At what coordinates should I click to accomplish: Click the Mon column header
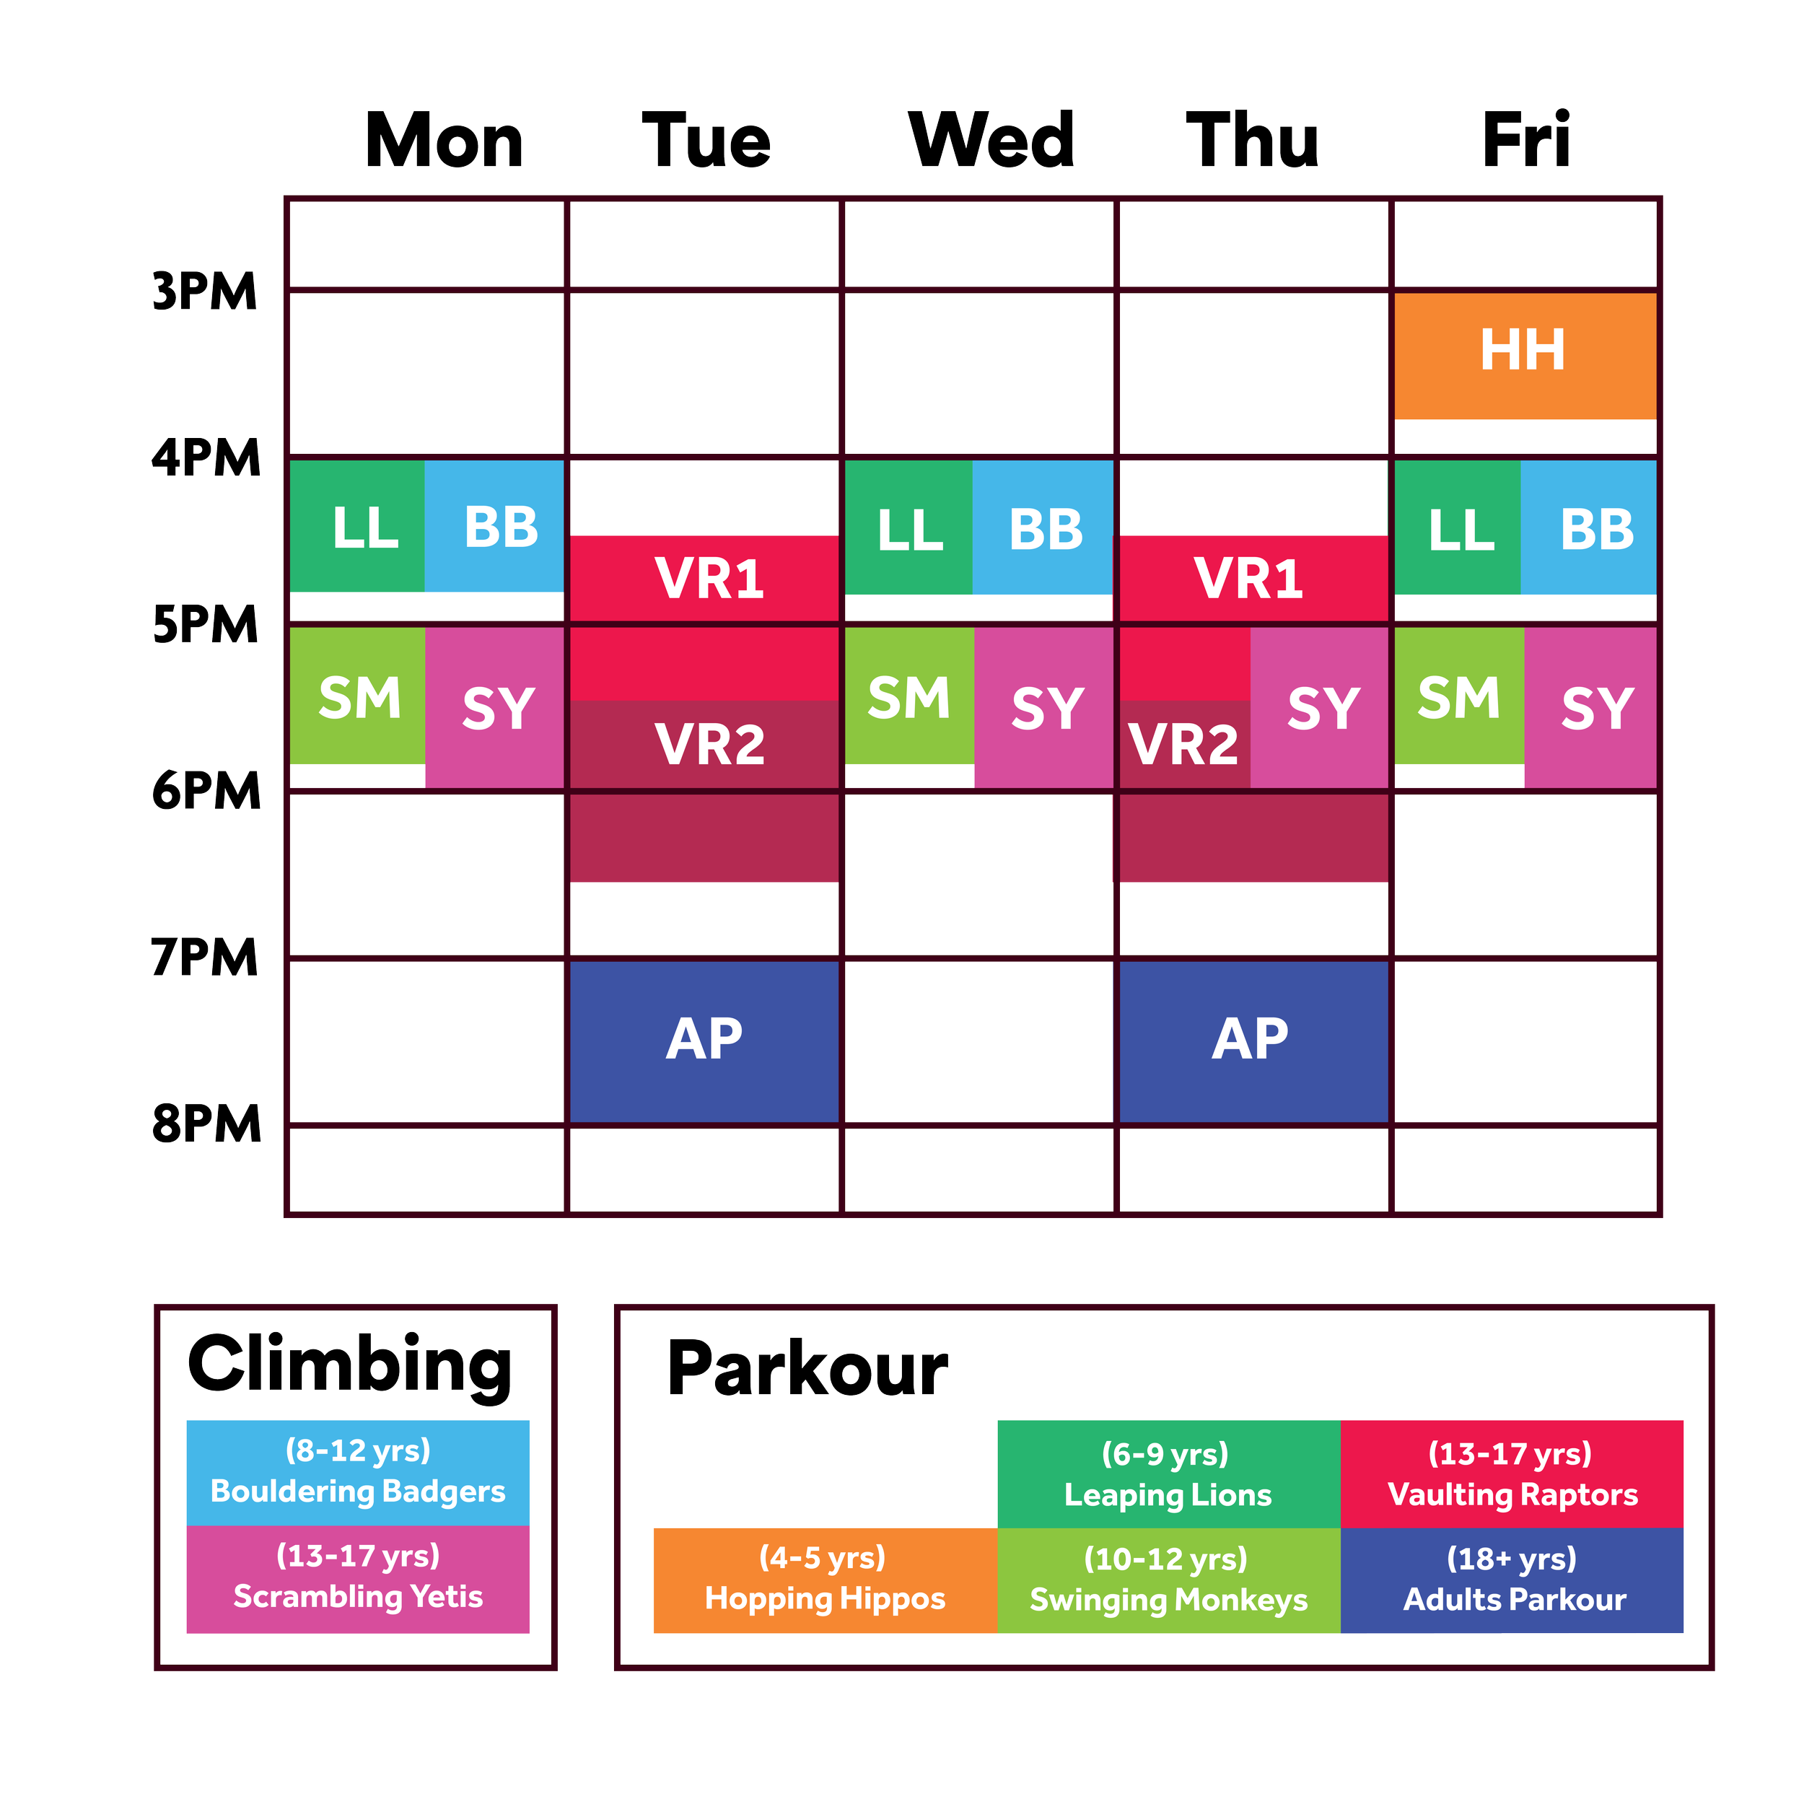[x=444, y=142]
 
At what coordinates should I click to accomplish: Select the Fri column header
[x=1528, y=142]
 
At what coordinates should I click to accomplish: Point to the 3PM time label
[x=204, y=292]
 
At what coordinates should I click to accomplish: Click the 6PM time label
[x=206, y=791]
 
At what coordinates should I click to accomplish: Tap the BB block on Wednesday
[x=1044, y=528]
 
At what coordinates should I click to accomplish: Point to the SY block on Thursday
[x=1321, y=708]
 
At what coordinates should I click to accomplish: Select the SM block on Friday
[x=1458, y=696]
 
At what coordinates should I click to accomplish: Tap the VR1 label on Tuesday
[x=709, y=578]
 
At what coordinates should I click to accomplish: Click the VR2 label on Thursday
[x=1183, y=744]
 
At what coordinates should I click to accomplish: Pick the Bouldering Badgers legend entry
[x=358, y=1473]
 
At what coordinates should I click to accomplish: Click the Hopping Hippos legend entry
[x=825, y=1580]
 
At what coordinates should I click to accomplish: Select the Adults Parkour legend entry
[x=1512, y=1580]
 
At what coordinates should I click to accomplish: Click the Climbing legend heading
[x=350, y=1365]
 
